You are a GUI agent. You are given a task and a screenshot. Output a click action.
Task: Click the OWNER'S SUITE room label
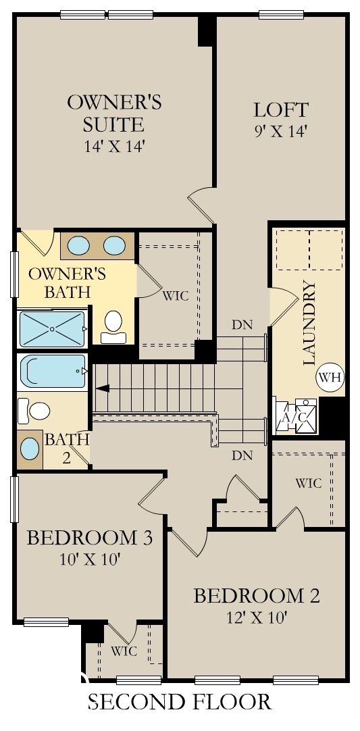[114, 114]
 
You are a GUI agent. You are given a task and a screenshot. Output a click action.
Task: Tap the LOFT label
[281, 109]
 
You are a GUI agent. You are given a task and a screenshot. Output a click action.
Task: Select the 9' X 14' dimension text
[281, 131]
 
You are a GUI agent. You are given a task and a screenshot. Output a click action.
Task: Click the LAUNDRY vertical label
[309, 323]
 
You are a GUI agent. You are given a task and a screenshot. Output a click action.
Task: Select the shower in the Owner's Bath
[52, 328]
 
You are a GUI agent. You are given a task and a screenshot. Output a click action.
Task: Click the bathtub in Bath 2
[53, 371]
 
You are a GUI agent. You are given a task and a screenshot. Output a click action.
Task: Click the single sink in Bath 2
[30, 448]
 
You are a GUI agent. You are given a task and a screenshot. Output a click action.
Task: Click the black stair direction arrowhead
[102, 388]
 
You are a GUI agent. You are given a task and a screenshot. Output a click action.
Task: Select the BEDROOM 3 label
[89, 538]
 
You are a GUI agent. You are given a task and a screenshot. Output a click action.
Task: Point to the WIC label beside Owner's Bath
[176, 295]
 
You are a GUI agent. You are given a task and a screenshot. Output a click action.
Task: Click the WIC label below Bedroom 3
[124, 651]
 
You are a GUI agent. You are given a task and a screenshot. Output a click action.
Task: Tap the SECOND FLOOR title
[180, 702]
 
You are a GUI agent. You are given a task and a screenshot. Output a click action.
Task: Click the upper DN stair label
[242, 324]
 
